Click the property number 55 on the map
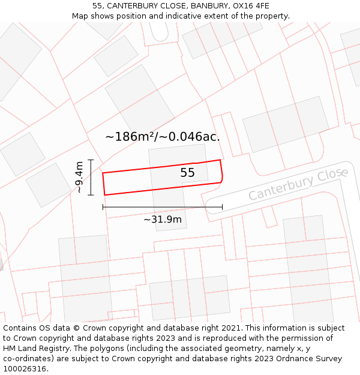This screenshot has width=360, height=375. (187, 173)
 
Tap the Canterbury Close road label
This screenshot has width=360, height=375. (298, 185)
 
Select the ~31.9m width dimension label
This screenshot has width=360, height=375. (162, 220)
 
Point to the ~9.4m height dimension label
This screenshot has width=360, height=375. (79, 177)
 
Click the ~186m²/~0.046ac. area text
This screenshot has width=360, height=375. (162, 137)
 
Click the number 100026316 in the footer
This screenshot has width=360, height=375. (25, 369)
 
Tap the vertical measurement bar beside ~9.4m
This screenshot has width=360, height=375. (91, 177)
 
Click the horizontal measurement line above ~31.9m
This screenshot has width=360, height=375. (162, 207)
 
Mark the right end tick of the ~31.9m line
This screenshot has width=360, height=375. (222, 207)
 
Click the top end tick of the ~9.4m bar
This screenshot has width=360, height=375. (91, 160)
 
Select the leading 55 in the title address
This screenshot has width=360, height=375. (97, 6)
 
